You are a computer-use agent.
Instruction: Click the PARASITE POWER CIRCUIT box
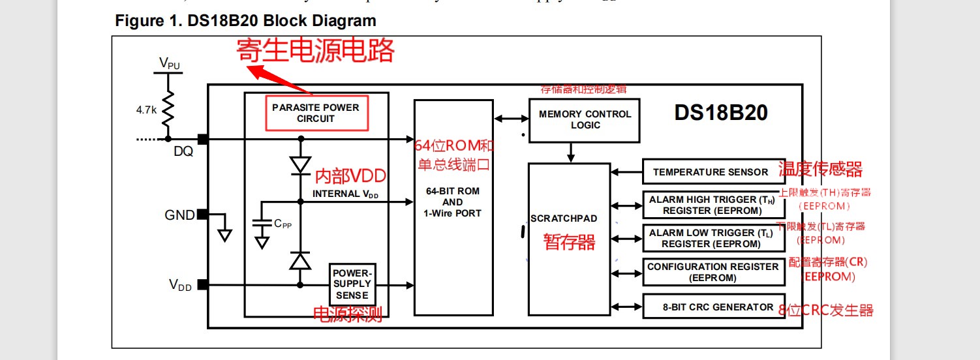[x=316, y=113]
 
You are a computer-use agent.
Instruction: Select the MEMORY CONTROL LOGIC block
[x=585, y=119]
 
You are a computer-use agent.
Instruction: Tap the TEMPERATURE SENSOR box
[x=711, y=172]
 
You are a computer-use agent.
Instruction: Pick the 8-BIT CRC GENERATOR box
[x=714, y=307]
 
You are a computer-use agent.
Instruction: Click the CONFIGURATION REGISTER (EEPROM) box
[x=714, y=272]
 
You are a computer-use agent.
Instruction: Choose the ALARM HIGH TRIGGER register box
[x=714, y=205]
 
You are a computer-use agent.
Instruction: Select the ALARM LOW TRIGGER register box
[x=714, y=239]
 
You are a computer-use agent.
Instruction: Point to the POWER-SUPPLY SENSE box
[x=352, y=284]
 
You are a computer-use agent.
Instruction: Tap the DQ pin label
[x=183, y=151]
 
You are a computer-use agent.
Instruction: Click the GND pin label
[x=179, y=215]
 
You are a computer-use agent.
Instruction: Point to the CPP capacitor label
[x=283, y=224]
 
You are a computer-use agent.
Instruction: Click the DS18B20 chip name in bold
[x=721, y=113]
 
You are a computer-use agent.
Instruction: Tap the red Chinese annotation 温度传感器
[x=820, y=170]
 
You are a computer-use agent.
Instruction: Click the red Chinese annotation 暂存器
[x=570, y=243]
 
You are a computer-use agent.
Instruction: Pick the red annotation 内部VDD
[x=350, y=176]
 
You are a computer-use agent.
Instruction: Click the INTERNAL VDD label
[x=345, y=194]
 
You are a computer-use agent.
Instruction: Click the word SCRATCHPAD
[x=564, y=218]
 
